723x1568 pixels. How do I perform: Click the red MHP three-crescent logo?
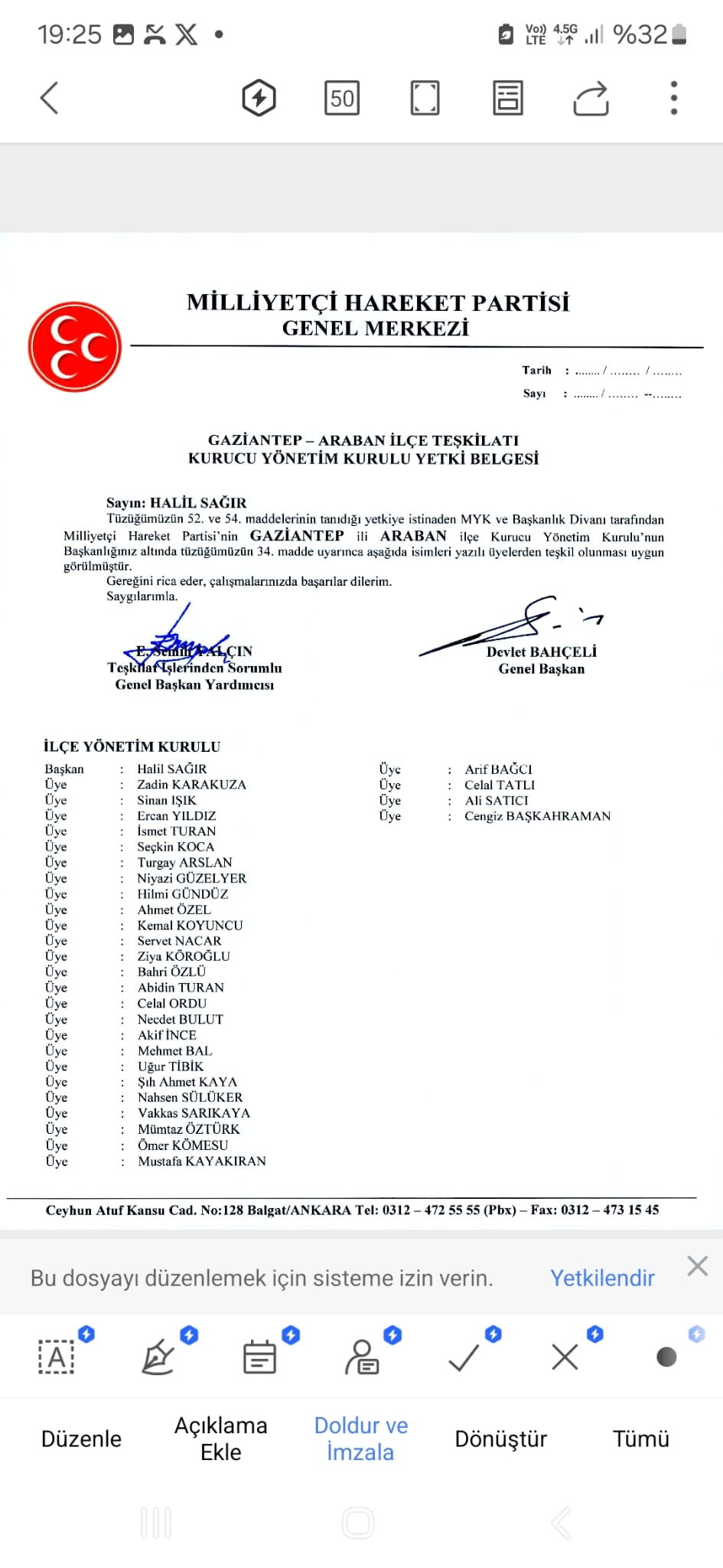click(x=75, y=347)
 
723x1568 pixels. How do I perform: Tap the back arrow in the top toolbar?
click(x=50, y=98)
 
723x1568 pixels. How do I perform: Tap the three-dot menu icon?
click(x=673, y=98)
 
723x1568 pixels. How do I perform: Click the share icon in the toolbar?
click(x=591, y=98)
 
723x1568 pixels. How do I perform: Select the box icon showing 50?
click(x=342, y=98)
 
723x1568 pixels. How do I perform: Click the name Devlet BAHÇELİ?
click(x=542, y=652)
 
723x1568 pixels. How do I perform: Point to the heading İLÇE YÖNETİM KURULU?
click(x=132, y=746)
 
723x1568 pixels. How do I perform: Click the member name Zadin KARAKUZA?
click(x=191, y=785)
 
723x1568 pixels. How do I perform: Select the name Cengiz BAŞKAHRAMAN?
click(x=537, y=816)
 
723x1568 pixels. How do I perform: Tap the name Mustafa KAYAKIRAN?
click(x=202, y=1161)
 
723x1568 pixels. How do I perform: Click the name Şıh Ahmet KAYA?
click(x=187, y=1082)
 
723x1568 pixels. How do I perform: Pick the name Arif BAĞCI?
click(x=498, y=769)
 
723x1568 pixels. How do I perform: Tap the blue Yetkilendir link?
click(x=602, y=1278)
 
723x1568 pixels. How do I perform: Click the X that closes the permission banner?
click(x=697, y=1266)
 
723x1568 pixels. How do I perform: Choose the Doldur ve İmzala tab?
click(x=361, y=1439)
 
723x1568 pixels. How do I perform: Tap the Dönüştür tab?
click(x=501, y=1439)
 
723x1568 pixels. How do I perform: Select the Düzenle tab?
click(x=81, y=1439)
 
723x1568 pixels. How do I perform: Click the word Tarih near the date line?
click(x=537, y=371)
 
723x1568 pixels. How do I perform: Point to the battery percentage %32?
click(x=640, y=34)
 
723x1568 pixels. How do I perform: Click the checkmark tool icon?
click(x=464, y=1357)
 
